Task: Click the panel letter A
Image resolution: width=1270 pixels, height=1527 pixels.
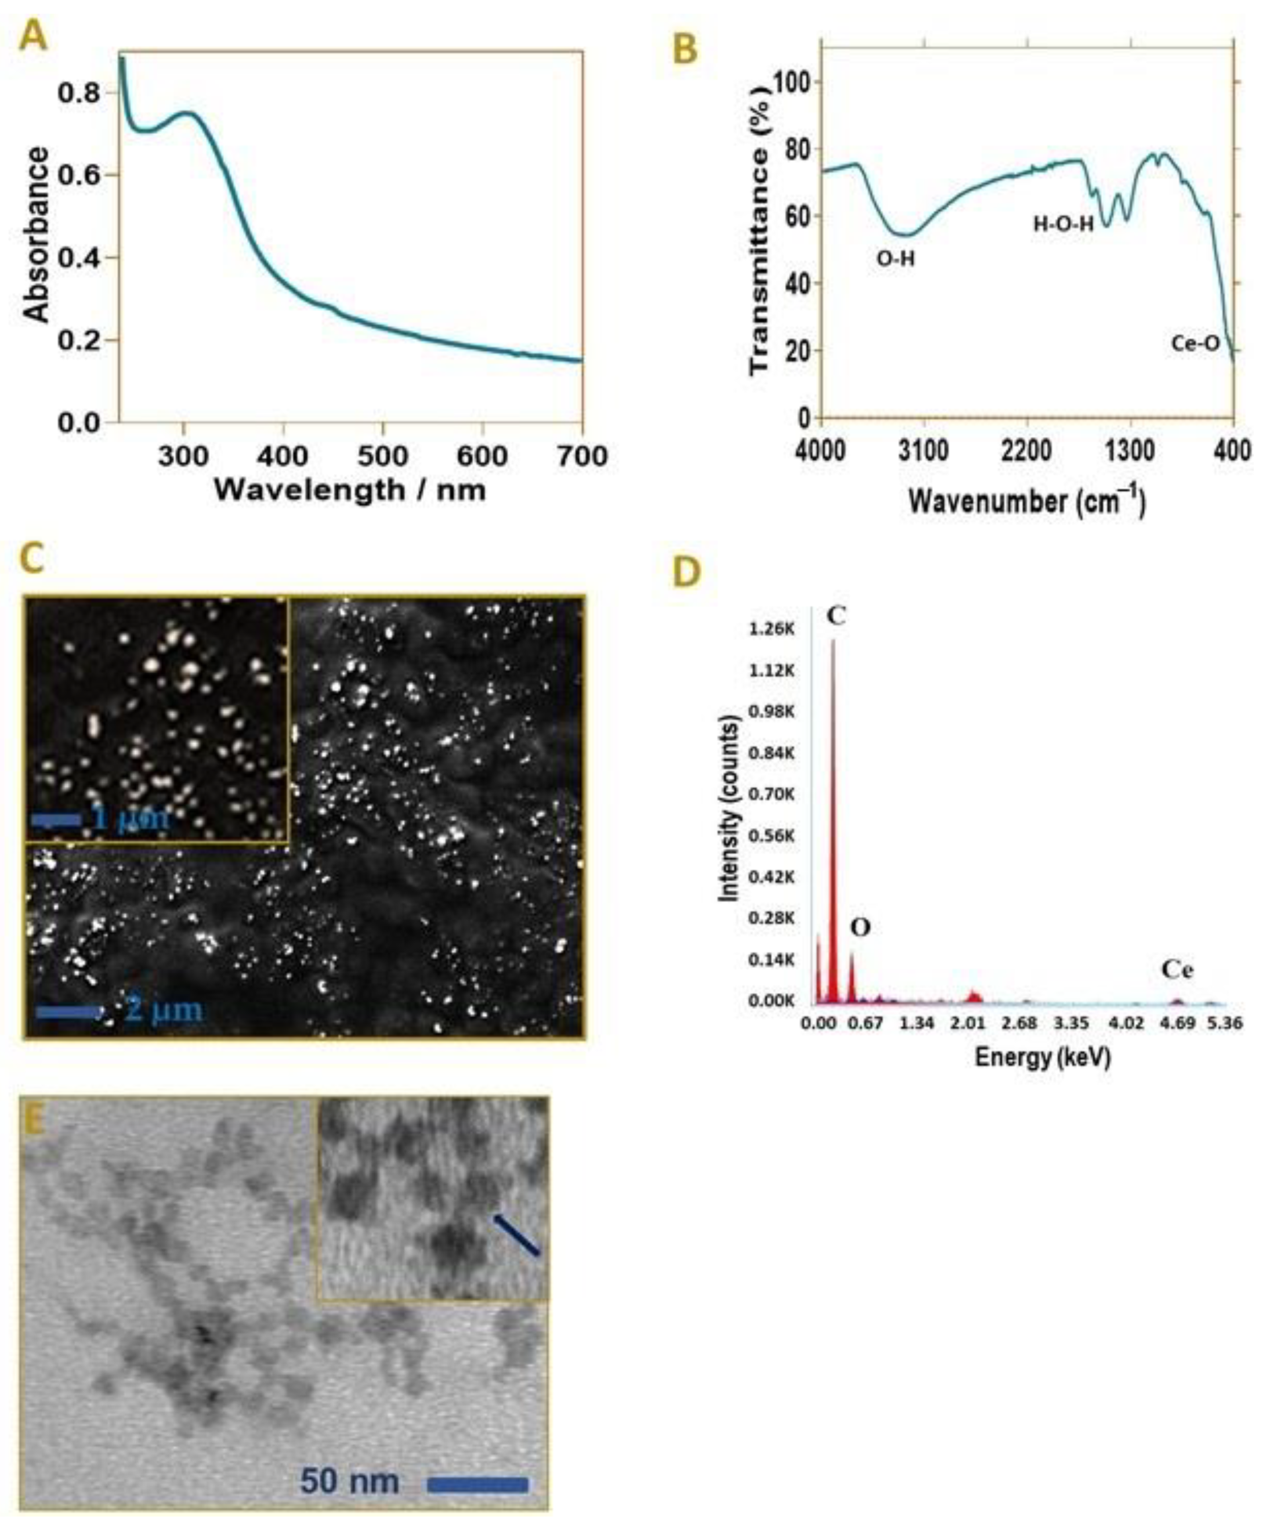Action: pyautogui.click(x=33, y=37)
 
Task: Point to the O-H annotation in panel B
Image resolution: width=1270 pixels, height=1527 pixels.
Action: pyautogui.click(x=895, y=258)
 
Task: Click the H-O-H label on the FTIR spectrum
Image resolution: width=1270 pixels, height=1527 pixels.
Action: pyautogui.click(x=1064, y=224)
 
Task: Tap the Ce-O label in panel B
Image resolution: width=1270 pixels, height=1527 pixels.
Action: pyautogui.click(x=1195, y=344)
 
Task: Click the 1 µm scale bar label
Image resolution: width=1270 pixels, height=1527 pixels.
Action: pyautogui.click(x=131, y=819)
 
